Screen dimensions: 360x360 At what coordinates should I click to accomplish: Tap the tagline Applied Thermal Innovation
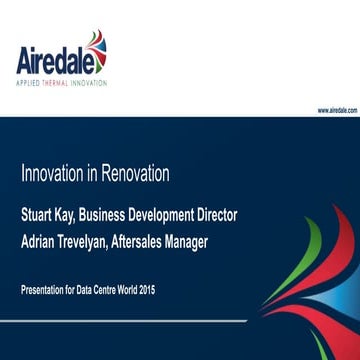(61, 83)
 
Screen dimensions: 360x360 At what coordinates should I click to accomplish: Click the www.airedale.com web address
(337, 110)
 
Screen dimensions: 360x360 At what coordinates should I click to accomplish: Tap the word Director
(218, 214)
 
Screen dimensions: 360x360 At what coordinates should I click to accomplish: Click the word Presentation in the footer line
(44, 289)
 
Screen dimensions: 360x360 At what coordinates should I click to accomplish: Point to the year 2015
(147, 289)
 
